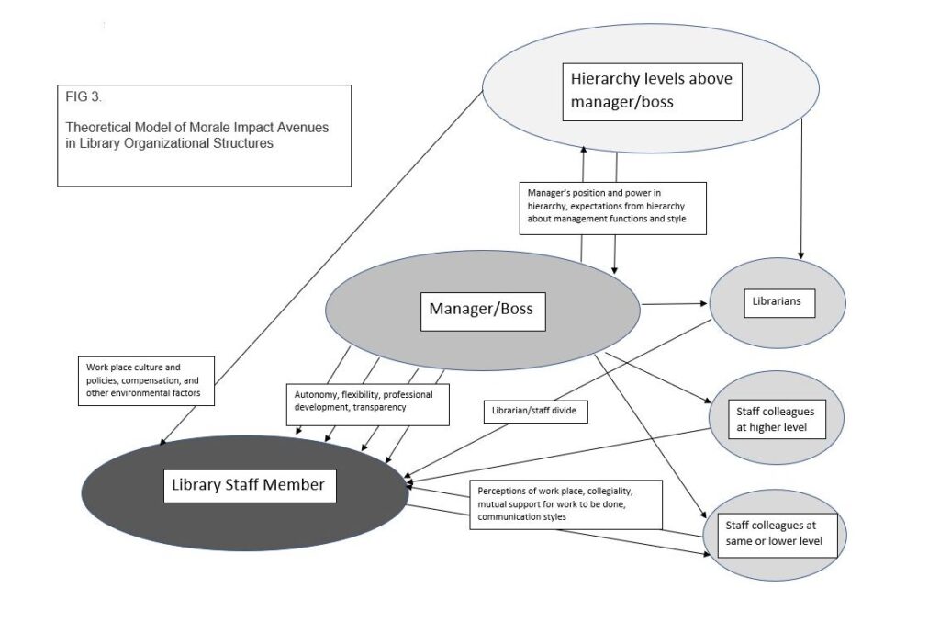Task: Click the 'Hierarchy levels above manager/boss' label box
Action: [x=651, y=91]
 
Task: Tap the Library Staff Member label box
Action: [x=249, y=484]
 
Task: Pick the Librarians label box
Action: [x=778, y=300]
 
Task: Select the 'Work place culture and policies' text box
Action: [x=144, y=379]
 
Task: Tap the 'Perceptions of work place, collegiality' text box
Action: [x=565, y=503]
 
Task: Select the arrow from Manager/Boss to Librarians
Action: [x=676, y=303]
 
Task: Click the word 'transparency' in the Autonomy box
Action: [x=378, y=407]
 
